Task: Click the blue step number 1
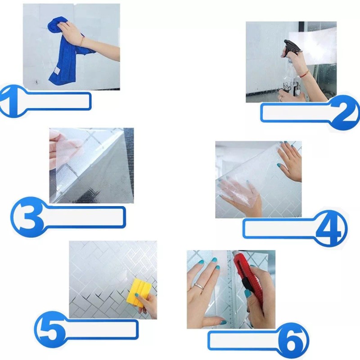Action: tap(10, 101)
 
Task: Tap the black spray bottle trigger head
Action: tap(291, 48)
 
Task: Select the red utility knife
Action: tap(245, 273)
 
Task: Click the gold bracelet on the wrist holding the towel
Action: tap(82, 41)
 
